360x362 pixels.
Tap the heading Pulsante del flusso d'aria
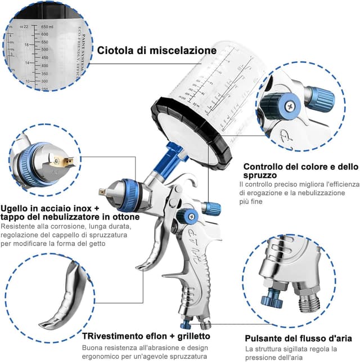pyautogui.click(x=298, y=339)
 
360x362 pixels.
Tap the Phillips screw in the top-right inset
pyautogui.click(x=291, y=104)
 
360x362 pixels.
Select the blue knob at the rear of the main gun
pyautogui.click(x=211, y=209)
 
